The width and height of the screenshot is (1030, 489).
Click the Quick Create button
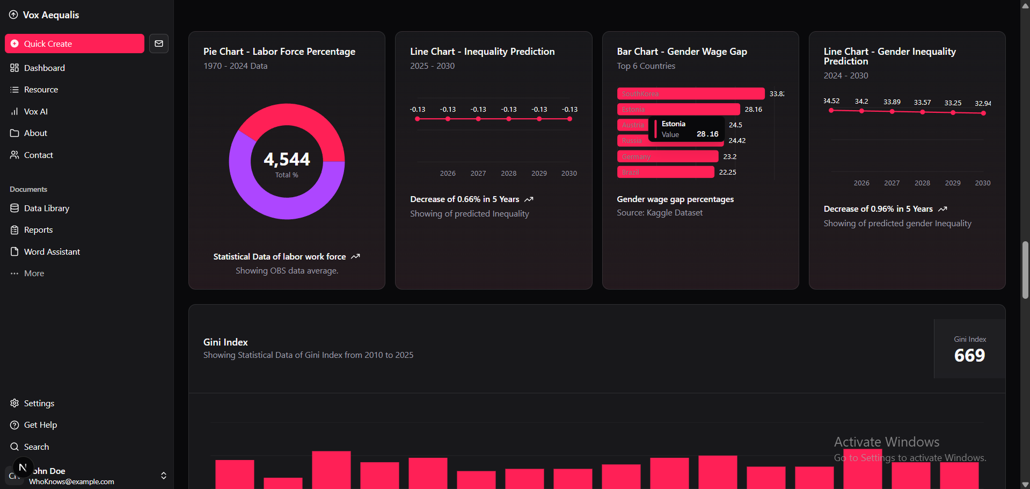[74, 44]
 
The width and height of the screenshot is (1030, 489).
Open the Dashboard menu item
[44, 68]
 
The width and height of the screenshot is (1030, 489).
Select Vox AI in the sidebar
[35, 111]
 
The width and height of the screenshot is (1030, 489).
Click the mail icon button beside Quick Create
[159, 44]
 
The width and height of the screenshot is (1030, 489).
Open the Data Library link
[46, 208]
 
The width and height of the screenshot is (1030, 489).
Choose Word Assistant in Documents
[52, 251]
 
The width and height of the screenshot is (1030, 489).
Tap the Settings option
[39, 403]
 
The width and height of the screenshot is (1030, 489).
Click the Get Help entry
[40, 425]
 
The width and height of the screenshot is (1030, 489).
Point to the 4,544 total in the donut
[287, 159]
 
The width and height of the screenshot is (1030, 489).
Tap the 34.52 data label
[831, 101]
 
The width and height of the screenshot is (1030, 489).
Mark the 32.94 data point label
[983, 103]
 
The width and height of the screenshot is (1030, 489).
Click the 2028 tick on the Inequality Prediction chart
[508, 173]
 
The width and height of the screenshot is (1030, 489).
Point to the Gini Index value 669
[969, 355]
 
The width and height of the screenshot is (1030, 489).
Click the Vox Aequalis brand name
[51, 15]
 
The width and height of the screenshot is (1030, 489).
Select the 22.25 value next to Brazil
[727, 172]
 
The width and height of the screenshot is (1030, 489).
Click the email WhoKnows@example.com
[71, 481]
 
